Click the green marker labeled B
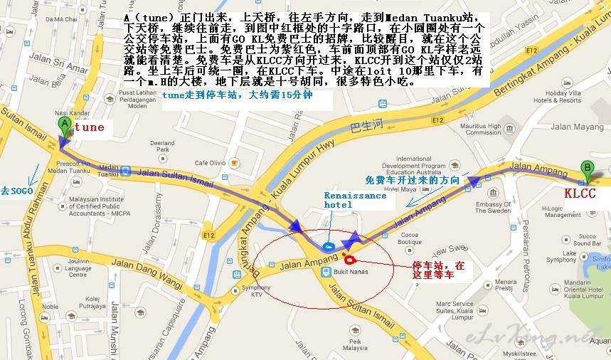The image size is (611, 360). [588, 170]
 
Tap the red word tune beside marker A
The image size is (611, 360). [89, 128]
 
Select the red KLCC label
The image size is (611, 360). [579, 192]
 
